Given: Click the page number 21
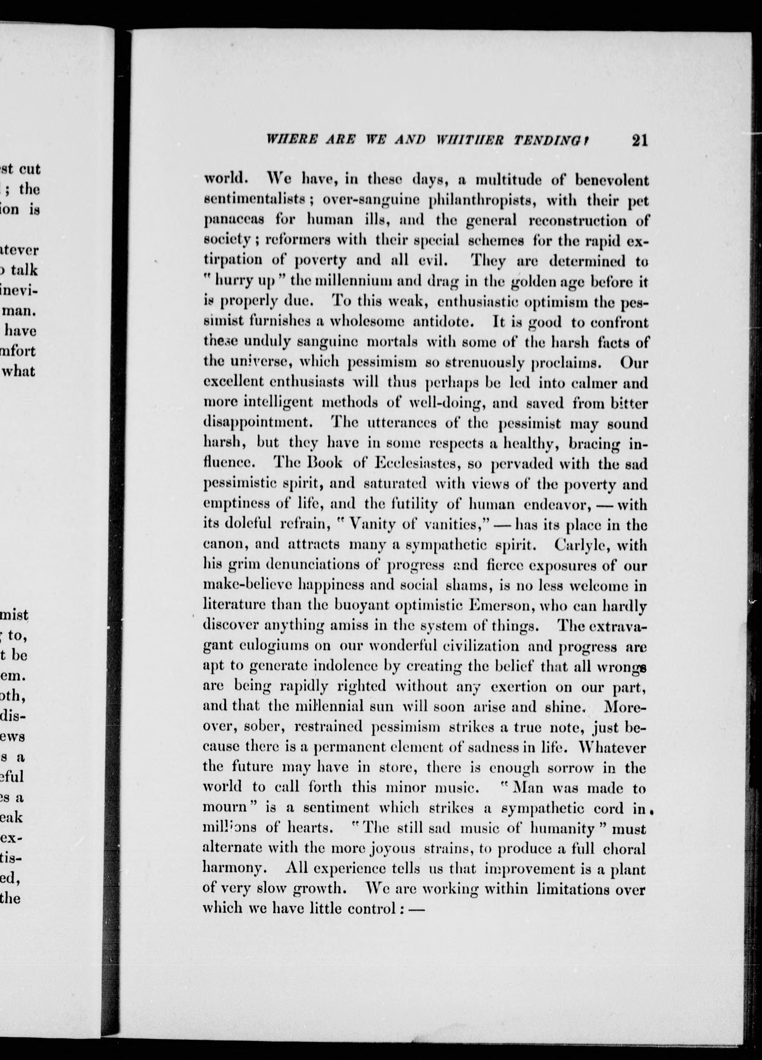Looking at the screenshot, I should coord(639,141).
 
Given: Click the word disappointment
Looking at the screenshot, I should coord(255,423).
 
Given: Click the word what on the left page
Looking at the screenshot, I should coord(20,372).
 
